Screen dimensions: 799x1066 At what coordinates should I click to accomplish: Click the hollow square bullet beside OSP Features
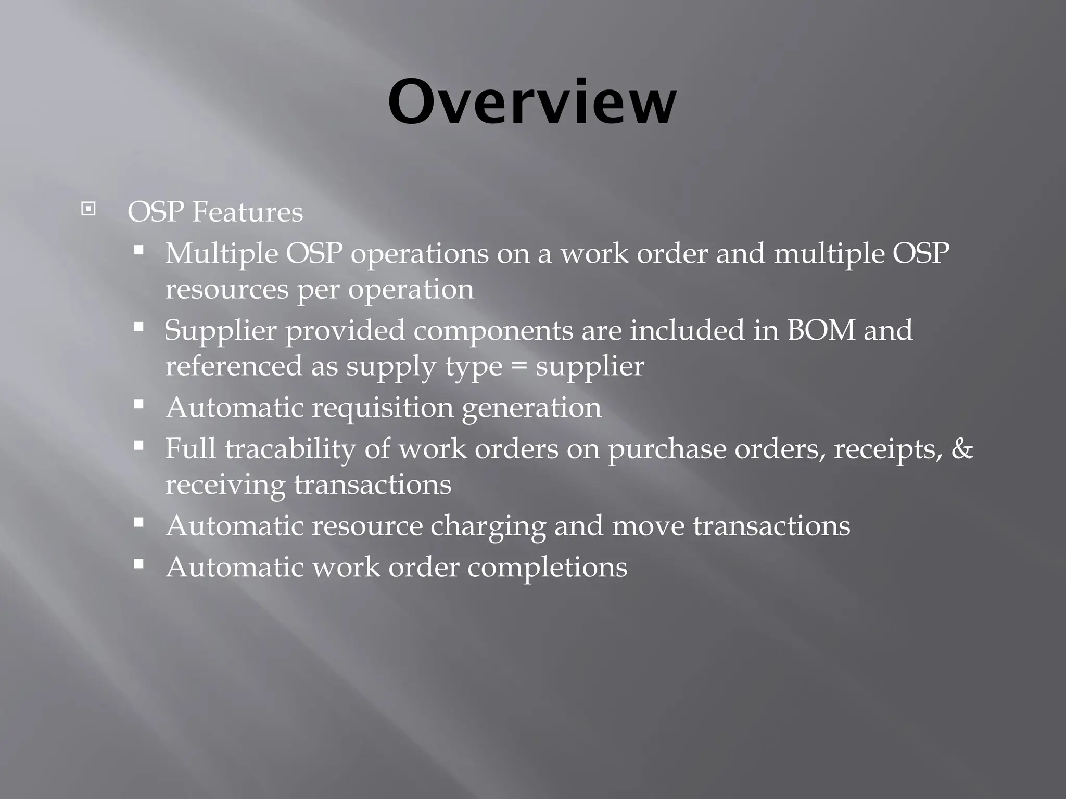click(x=88, y=210)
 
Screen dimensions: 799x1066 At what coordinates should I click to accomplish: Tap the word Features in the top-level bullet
click(x=248, y=212)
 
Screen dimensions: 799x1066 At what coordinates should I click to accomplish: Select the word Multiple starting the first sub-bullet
click(x=221, y=254)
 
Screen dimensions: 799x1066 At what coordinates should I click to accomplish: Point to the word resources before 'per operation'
click(x=226, y=289)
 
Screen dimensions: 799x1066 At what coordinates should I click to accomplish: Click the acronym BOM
click(x=821, y=330)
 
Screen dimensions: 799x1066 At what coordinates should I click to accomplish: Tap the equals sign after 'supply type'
click(x=519, y=366)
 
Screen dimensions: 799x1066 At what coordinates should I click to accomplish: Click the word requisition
click(x=383, y=407)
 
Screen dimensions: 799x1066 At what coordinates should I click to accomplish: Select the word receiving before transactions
click(x=225, y=485)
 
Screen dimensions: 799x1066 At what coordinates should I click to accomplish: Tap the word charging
click(x=488, y=526)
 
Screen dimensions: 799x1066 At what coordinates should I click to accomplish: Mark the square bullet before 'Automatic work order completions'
click(x=138, y=564)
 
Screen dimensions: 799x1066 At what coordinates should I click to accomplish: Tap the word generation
click(x=531, y=408)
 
